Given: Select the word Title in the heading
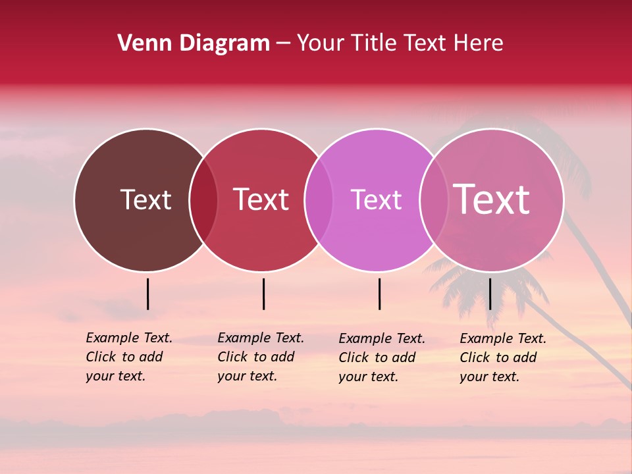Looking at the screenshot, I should [x=373, y=43].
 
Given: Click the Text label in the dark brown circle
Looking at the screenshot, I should [x=145, y=199].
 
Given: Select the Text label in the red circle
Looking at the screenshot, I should [x=261, y=199].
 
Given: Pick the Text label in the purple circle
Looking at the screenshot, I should [x=376, y=199].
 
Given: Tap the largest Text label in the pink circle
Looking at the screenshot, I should [x=492, y=199].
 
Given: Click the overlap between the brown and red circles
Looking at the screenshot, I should [x=203, y=200].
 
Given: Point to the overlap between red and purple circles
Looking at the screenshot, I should [x=319, y=200].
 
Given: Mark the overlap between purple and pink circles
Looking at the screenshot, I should [x=434, y=200].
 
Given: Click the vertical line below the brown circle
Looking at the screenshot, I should [x=148, y=294].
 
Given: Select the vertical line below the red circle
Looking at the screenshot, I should [x=263, y=294].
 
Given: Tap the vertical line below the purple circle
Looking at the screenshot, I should [x=380, y=294].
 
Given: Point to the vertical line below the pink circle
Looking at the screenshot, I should [x=490, y=294].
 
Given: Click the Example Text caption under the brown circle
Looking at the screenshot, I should [x=129, y=357].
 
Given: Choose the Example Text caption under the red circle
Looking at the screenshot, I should [x=261, y=357].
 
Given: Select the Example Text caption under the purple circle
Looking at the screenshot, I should [x=382, y=357].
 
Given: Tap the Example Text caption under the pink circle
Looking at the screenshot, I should [x=503, y=357].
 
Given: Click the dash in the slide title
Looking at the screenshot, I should [x=283, y=44].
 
